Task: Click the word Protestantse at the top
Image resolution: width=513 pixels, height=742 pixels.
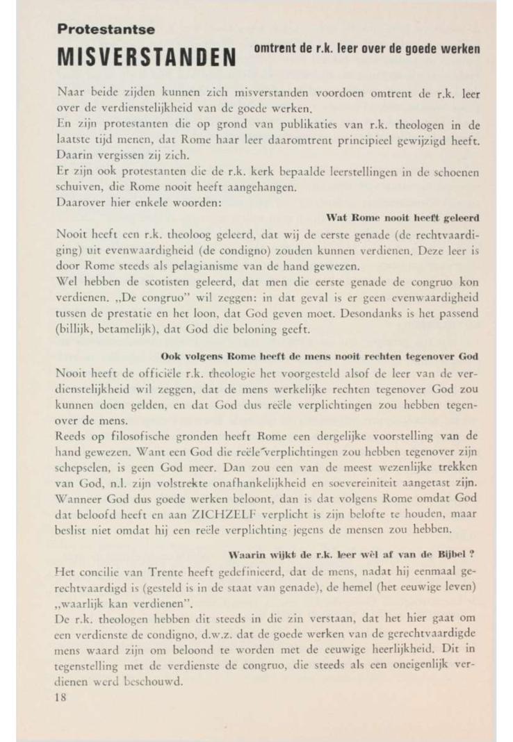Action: point(106,29)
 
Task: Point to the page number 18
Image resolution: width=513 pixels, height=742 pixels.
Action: point(60,698)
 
